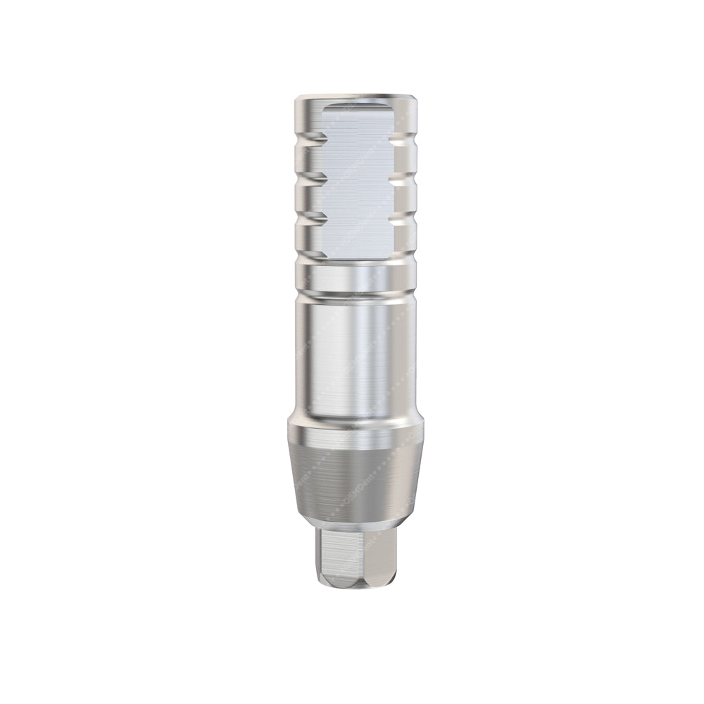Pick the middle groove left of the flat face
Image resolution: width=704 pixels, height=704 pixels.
click(x=305, y=177)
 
